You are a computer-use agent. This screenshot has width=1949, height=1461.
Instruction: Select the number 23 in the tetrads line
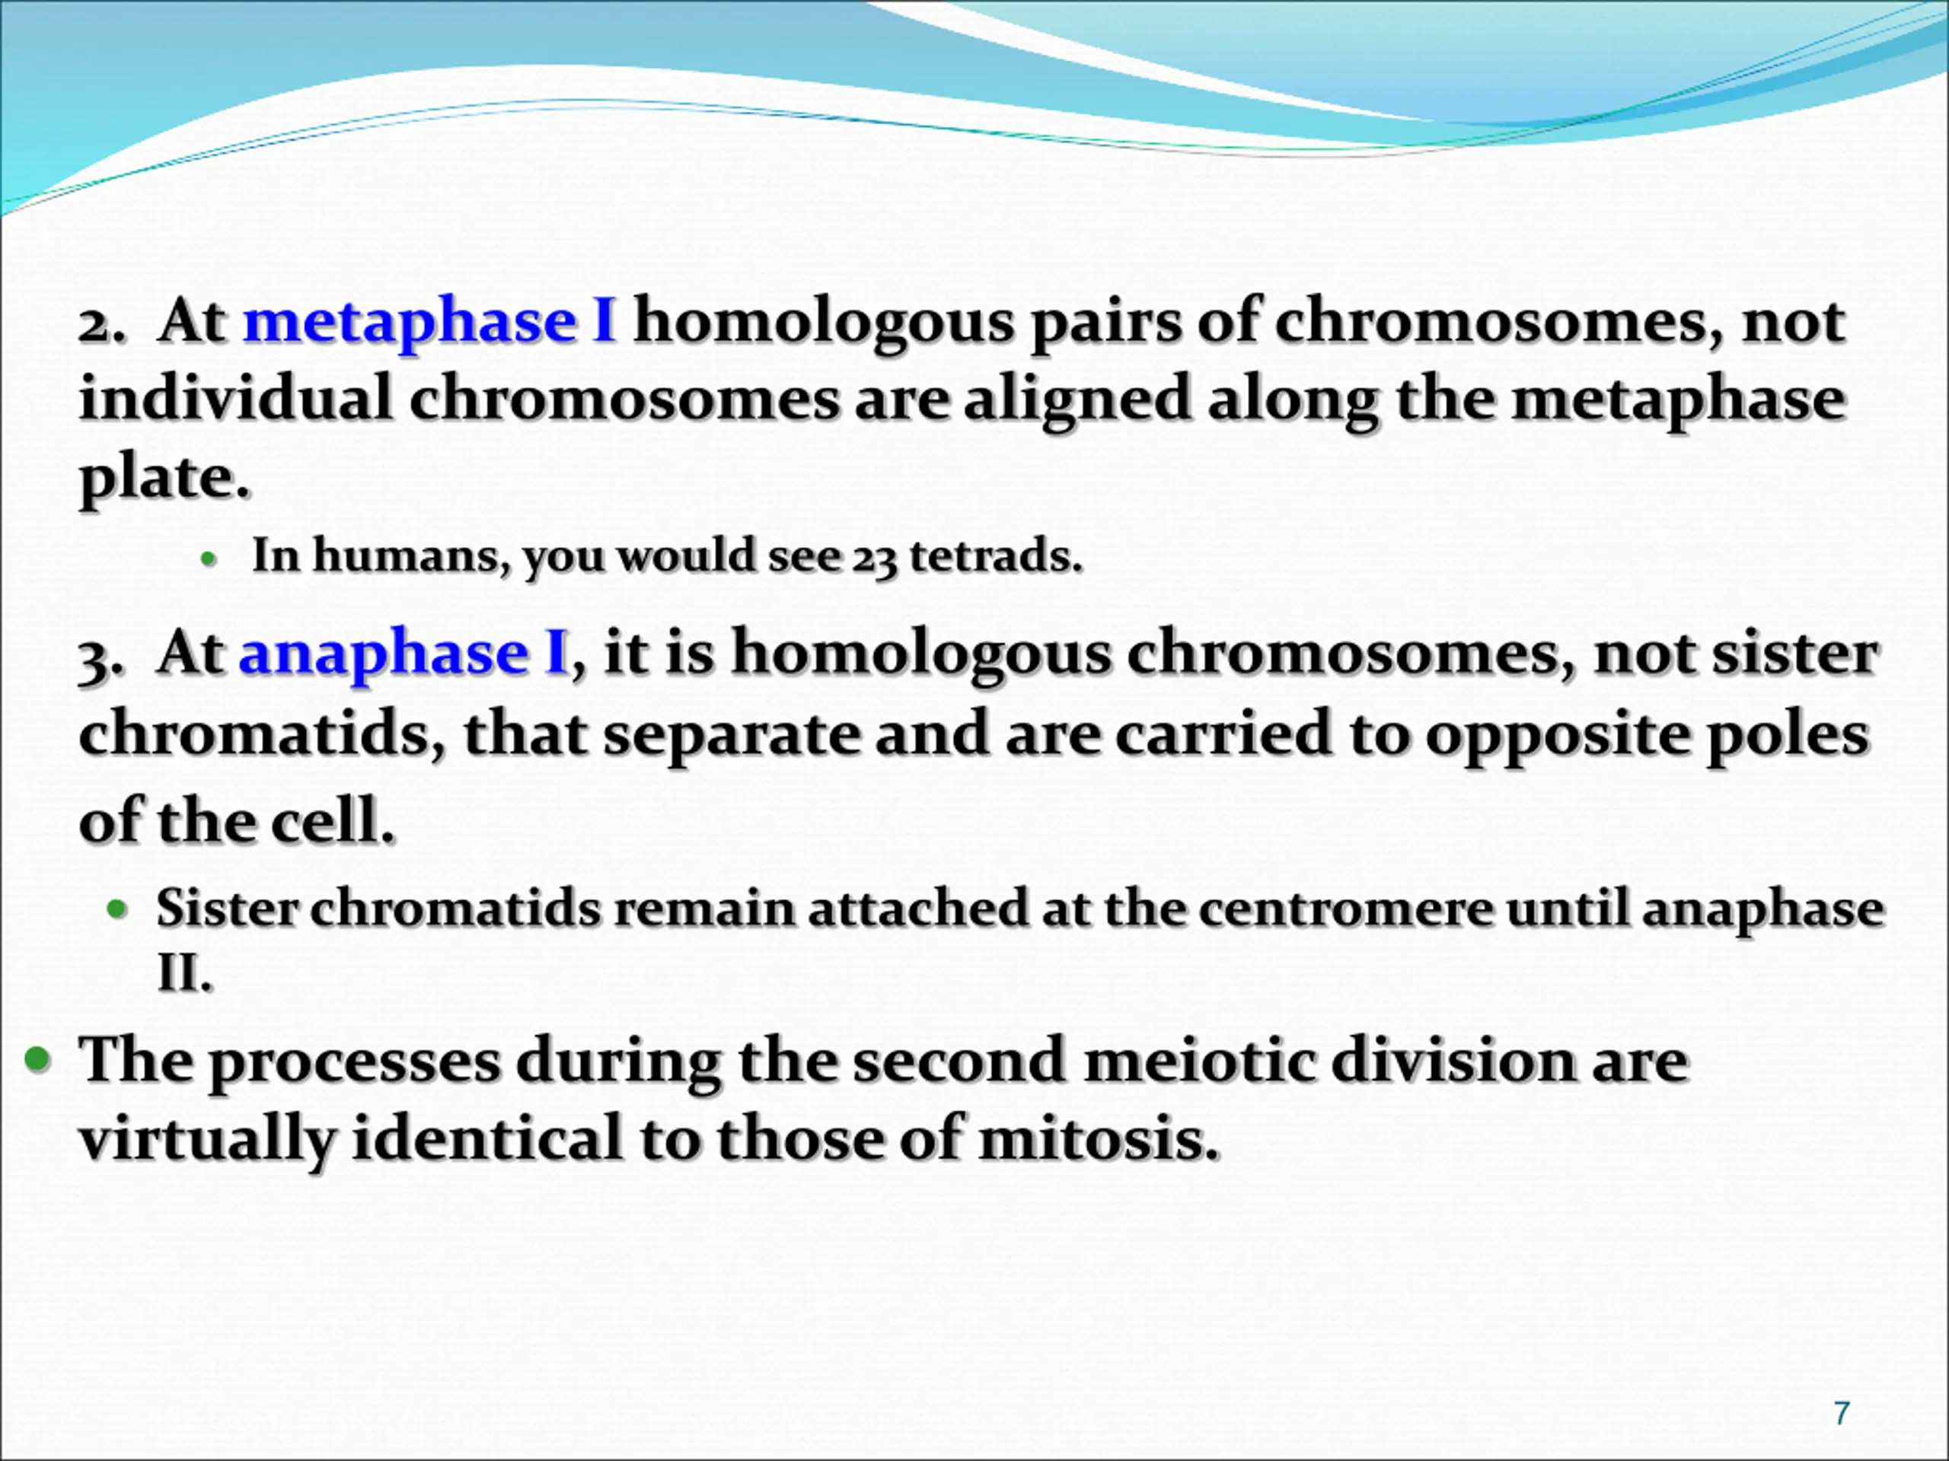(x=874, y=559)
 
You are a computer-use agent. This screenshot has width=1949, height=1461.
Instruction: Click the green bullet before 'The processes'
(x=39, y=1059)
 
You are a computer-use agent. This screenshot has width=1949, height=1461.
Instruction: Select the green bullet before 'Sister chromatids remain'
(x=117, y=908)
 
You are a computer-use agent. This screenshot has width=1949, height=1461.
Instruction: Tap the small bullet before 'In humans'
(x=208, y=559)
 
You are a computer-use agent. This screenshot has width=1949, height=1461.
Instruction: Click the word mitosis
(x=1099, y=1138)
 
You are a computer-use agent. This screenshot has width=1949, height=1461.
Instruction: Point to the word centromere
(x=1345, y=909)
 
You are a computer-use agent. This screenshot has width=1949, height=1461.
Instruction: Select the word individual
(x=235, y=398)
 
